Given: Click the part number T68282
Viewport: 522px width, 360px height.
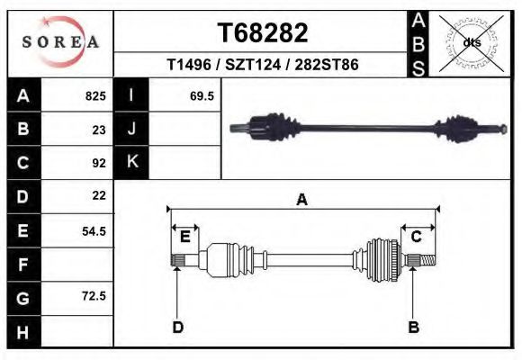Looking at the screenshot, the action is [263, 32].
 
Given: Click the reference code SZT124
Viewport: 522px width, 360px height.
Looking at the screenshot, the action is [253, 64].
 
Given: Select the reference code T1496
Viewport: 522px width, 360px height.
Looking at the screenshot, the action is [189, 64].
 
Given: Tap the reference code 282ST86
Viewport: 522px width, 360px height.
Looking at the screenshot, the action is [327, 64].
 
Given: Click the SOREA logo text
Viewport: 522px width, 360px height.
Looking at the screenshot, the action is [60, 42].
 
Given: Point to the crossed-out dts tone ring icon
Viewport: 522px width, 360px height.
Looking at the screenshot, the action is [472, 43].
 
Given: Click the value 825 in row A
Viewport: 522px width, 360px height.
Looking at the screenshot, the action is [95, 96].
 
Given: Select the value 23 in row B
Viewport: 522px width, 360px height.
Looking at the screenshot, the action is [99, 130].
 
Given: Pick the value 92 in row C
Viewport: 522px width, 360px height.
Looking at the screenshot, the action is [99, 163].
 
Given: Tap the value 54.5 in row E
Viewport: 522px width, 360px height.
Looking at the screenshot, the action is [94, 231].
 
